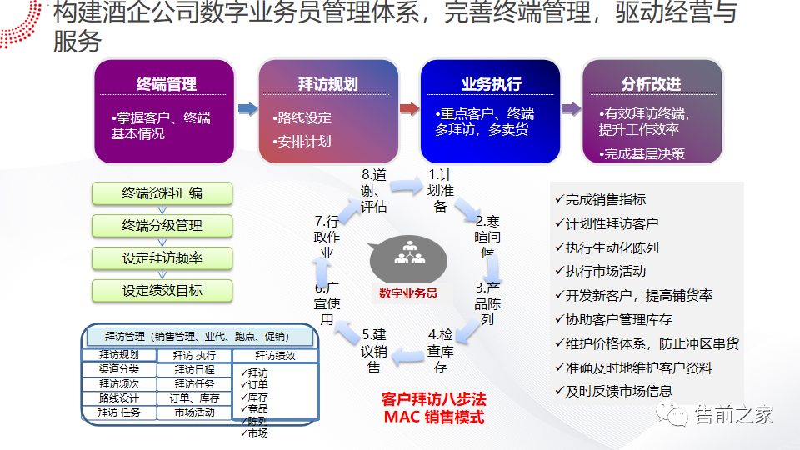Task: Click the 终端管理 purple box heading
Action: [166, 84]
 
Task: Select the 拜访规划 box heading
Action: [327, 84]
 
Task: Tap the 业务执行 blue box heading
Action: [491, 84]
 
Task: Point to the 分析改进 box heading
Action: [651, 84]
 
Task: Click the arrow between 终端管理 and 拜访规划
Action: [247, 108]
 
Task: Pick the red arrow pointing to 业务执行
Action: [409, 108]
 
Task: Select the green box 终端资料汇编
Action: [162, 193]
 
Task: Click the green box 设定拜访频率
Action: [162, 257]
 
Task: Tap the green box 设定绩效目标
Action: [162, 290]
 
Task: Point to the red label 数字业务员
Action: [408, 292]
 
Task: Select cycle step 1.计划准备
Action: [440, 191]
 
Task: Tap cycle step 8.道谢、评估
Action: [374, 191]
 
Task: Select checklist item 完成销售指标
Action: [605, 199]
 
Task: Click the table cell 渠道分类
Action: [119, 368]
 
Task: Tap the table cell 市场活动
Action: [194, 412]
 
